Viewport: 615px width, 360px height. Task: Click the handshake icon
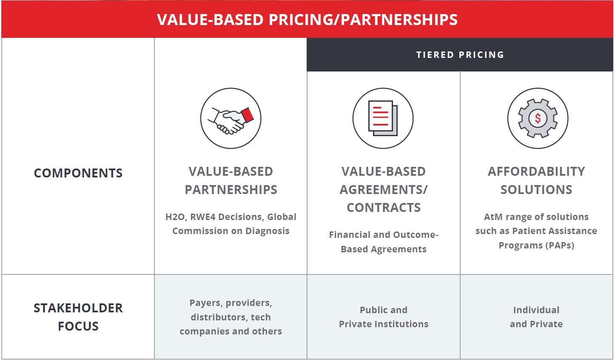(231, 118)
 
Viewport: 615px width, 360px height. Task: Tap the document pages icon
(383, 118)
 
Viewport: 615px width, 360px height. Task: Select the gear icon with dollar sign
(538, 118)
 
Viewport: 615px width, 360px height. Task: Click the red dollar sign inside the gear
(538, 118)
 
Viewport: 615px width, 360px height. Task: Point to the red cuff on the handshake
(248, 115)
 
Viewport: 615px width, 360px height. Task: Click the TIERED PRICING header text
(460, 55)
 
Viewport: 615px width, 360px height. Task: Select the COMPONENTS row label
(78, 173)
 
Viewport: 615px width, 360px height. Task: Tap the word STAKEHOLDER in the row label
(78, 308)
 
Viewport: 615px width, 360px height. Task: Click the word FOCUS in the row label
(78, 326)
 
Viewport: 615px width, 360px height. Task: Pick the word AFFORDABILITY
(536, 171)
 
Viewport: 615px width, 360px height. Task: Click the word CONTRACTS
(384, 208)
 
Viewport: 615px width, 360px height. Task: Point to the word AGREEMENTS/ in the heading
(384, 190)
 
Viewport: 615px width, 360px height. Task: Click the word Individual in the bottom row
(536, 310)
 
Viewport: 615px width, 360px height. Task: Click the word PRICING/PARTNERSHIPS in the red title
(363, 20)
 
